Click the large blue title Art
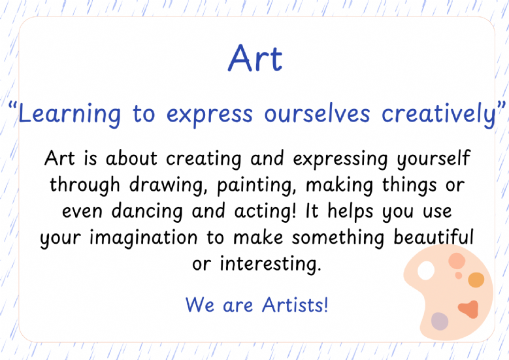tap(255, 58)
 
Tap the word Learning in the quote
tap(69, 114)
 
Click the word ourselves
tap(317, 114)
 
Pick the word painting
tap(255, 186)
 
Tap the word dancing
tap(147, 212)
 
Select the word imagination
tap(143, 238)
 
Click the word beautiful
tap(433, 237)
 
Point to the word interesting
tap(270, 263)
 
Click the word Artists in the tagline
tap(295, 305)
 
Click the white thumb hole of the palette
tap(426, 270)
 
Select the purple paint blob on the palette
tap(440, 321)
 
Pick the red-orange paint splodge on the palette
tap(468, 309)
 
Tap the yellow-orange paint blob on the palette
tap(476, 280)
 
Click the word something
tap(338, 238)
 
